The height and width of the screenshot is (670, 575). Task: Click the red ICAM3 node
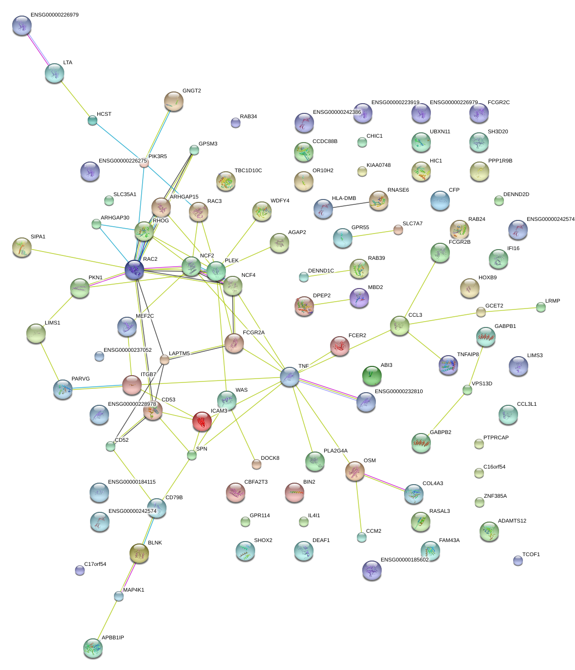202,421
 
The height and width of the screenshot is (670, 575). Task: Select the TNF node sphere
290,376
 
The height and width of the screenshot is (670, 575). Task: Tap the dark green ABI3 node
372,375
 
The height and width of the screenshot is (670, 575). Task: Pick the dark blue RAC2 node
134,270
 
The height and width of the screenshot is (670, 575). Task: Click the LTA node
55,73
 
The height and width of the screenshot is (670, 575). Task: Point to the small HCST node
93,120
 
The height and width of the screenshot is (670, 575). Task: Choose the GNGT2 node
174,101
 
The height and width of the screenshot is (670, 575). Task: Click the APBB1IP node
93,648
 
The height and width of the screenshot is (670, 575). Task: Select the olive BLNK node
139,553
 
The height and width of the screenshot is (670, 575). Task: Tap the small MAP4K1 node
119,596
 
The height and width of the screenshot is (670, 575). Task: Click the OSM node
355,471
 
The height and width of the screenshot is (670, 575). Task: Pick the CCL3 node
400,326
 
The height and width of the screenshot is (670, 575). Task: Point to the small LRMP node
541,307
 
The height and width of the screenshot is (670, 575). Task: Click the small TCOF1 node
518,561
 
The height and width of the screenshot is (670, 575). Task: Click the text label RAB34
248,117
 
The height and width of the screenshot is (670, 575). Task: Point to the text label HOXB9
487,278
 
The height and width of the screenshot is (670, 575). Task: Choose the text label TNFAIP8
468,355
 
